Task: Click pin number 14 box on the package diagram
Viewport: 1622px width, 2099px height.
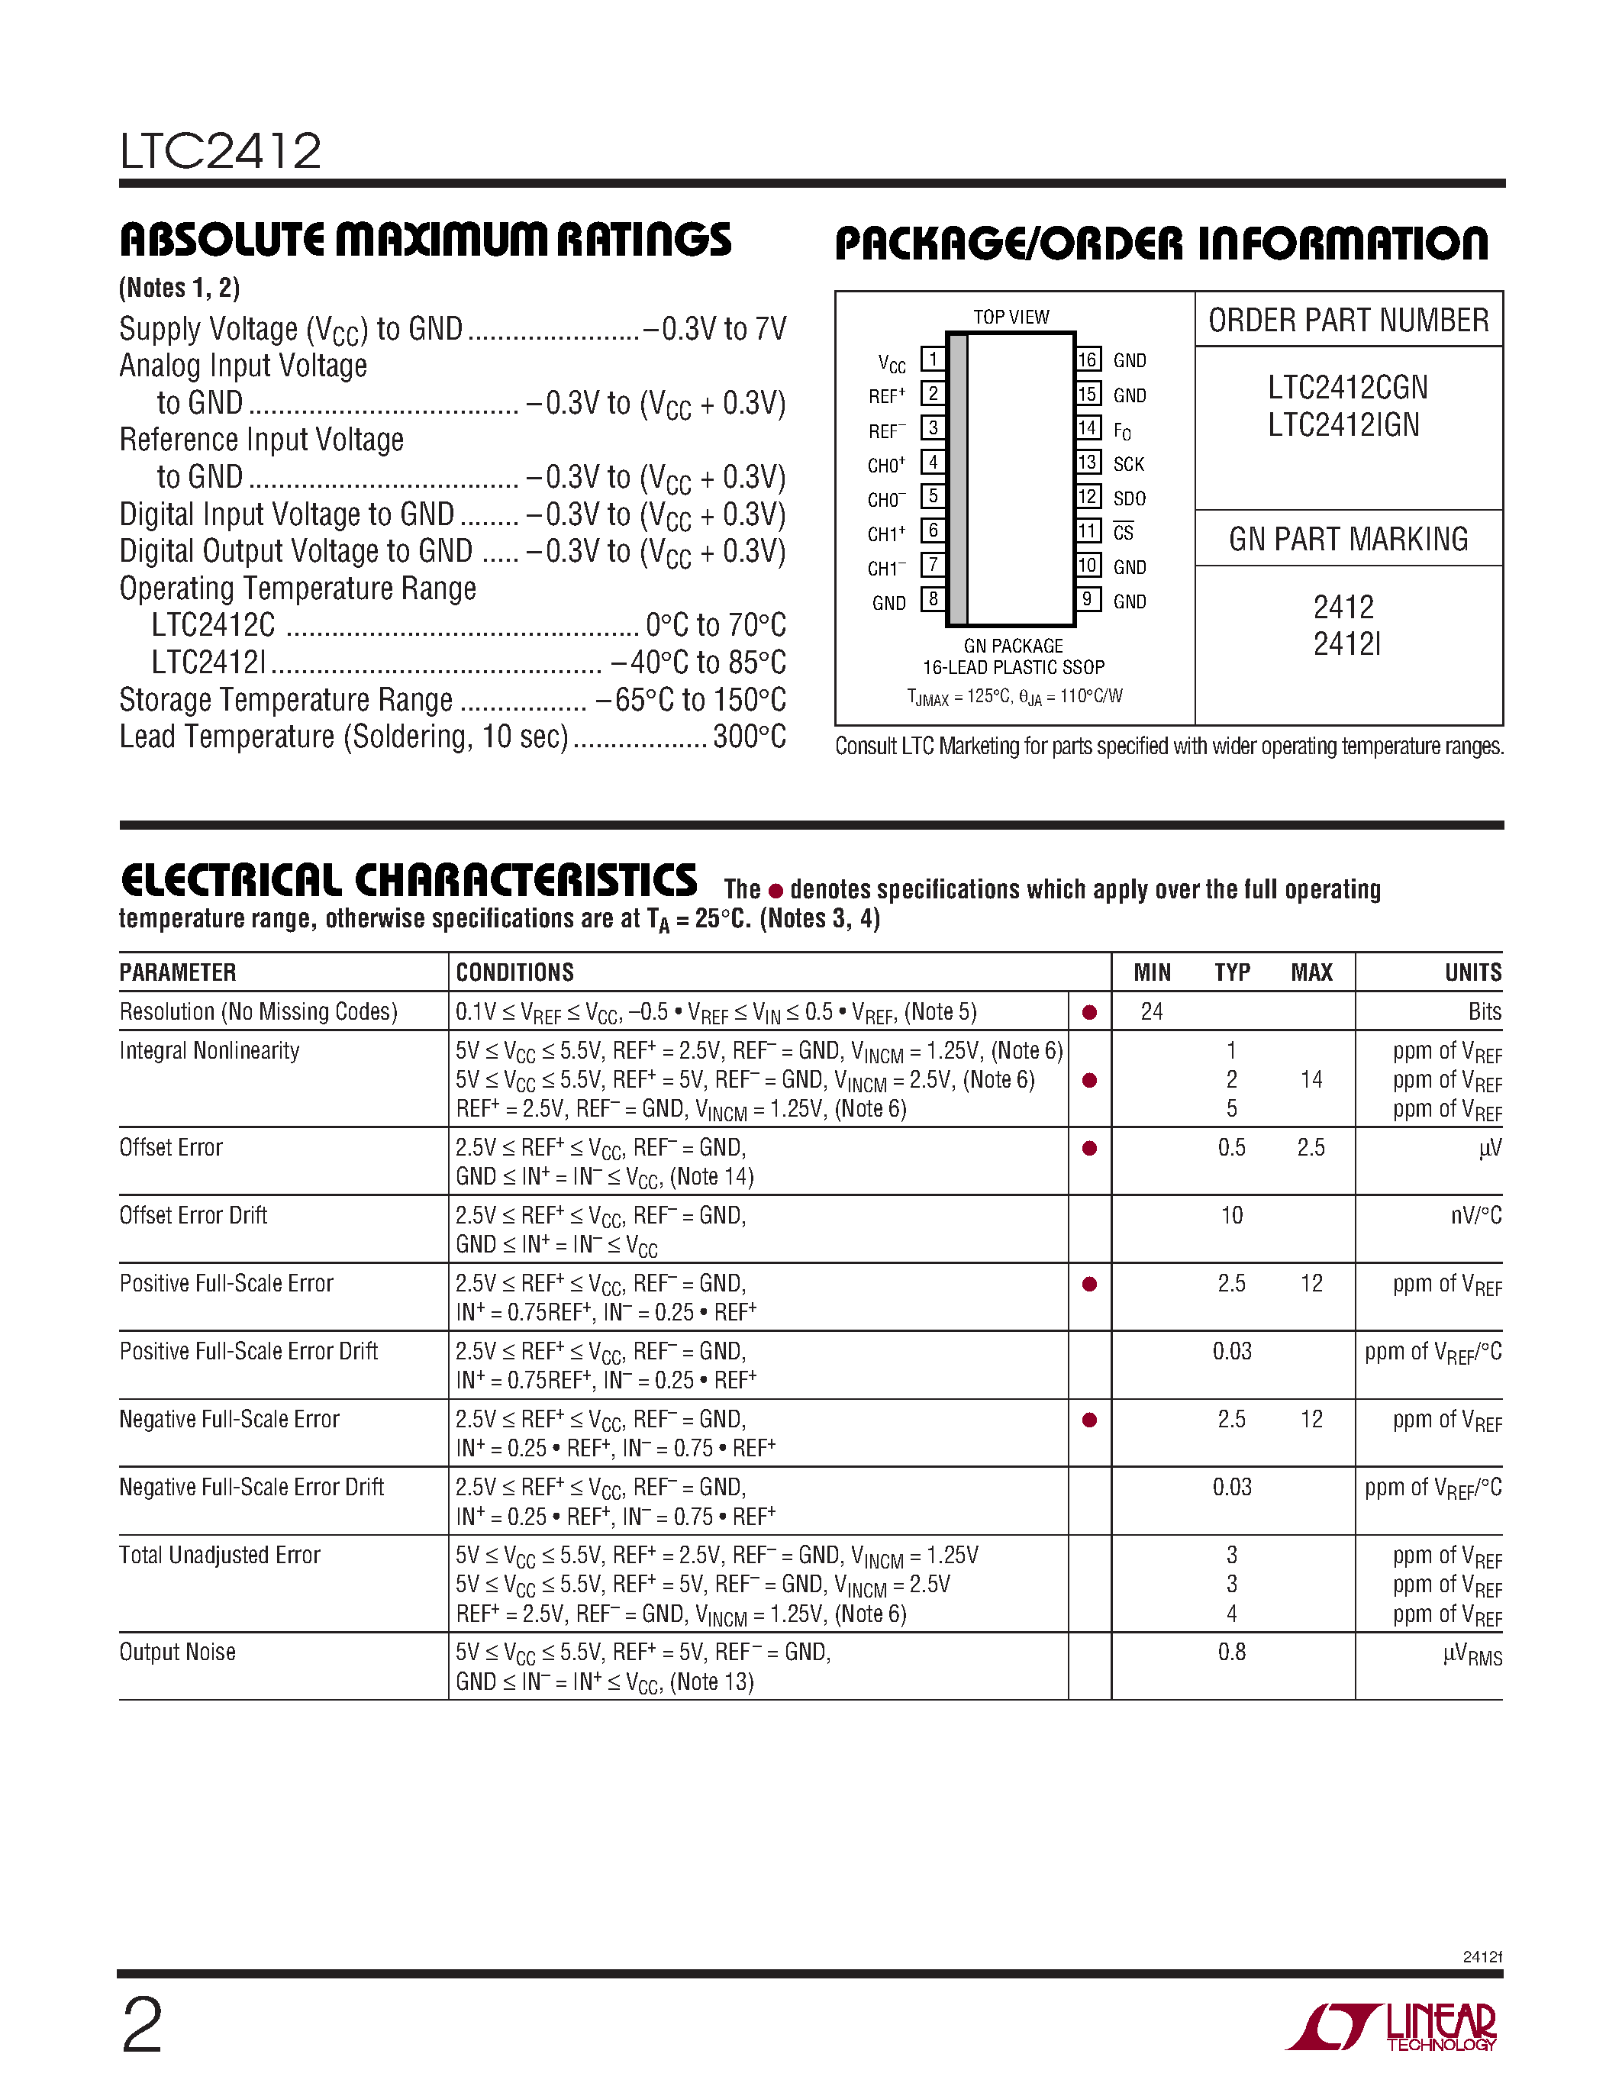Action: pyautogui.click(x=1087, y=427)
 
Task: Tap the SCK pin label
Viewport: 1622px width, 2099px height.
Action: pyautogui.click(x=1128, y=464)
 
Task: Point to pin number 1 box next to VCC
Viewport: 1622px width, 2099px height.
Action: pyautogui.click(x=932, y=360)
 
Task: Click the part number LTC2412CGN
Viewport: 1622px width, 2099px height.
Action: pyautogui.click(x=1347, y=387)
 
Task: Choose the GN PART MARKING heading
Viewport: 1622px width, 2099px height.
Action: pyautogui.click(x=1348, y=539)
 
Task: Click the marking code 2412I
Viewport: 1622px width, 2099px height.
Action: pyautogui.click(x=1346, y=644)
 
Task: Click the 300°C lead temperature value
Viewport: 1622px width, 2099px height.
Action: pyautogui.click(x=750, y=737)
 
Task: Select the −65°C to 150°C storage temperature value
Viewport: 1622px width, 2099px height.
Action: pyautogui.click(x=690, y=700)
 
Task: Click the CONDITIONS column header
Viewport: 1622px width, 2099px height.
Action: pyautogui.click(x=514, y=972)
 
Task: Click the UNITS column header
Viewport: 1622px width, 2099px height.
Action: pyautogui.click(x=1472, y=972)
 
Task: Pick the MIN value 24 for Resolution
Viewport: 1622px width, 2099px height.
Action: pyautogui.click(x=1151, y=1012)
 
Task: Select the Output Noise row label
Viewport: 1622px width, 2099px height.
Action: pyautogui.click(x=177, y=1652)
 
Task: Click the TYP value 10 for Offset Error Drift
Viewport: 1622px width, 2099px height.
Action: pyautogui.click(x=1231, y=1216)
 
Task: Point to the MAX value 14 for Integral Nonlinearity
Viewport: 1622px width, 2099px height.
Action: pyautogui.click(x=1311, y=1080)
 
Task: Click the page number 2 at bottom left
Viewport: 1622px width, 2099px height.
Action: pyautogui.click(x=142, y=2026)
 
